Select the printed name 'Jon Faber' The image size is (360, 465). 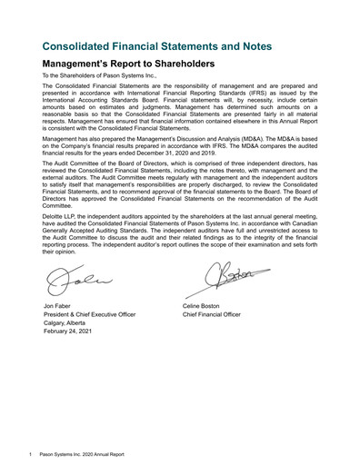pyautogui.click(x=57, y=307)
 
